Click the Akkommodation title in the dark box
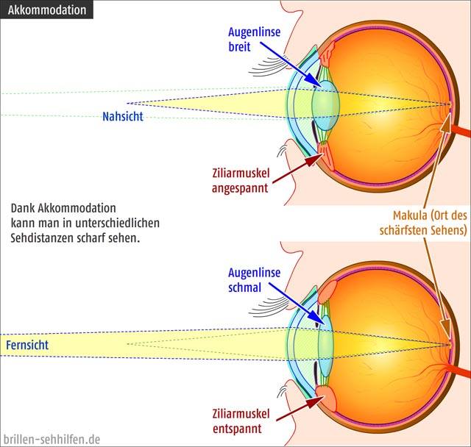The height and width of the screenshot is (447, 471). pos(47,10)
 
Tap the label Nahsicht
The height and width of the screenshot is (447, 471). pos(123,116)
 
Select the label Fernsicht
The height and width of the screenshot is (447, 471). pos(27,345)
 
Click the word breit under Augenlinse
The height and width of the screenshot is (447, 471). pos(239,47)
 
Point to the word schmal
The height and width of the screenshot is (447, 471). pos(245,287)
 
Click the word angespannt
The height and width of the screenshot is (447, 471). pos(240,188)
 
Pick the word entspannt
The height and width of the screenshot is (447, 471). pos(237,429)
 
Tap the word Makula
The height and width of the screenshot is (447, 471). pos(410,215)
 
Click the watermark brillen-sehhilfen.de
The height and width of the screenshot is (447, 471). pos(52,440)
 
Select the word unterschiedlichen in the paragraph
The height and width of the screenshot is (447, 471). pos(117,223)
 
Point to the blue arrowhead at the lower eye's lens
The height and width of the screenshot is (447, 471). pos(318,318)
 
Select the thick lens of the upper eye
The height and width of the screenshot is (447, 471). pos(325,104)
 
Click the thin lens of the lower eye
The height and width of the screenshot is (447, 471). pos(325,346)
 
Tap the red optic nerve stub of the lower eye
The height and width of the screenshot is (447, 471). pos(459,371)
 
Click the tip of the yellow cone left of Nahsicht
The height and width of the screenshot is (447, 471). pos(127,103)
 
